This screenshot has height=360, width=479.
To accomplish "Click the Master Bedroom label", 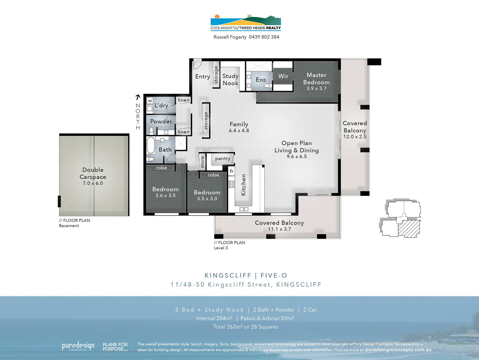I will (316, 79).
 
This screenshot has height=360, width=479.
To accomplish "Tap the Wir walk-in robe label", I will (283, 76).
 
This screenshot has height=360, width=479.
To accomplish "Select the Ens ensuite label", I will (261, 80).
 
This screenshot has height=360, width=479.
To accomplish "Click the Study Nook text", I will (230, 79).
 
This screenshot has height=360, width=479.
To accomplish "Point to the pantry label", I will (222, 158).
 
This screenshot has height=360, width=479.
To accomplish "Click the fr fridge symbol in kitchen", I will (231, 171).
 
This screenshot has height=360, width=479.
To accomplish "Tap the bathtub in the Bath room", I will (151, 145).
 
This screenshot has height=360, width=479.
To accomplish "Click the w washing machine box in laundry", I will (150, 101).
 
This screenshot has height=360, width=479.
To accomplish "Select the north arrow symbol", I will (138, 97).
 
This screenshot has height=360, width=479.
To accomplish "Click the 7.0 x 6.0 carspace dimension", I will (93, 183).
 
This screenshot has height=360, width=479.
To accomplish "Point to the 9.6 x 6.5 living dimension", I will (296, 157).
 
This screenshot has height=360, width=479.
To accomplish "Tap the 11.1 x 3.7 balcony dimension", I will (279, 229).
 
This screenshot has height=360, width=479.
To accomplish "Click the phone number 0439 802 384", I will (264, 37).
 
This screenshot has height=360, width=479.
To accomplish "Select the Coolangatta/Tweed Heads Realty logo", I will (246, 23).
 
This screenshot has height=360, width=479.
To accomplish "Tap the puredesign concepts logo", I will (78, 346).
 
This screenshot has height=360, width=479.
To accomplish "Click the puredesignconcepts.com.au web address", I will (398, 350).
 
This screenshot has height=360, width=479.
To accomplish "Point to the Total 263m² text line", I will (246, 327).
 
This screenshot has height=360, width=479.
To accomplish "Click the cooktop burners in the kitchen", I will (231, 184).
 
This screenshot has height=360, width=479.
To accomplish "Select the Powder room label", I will (161, 122).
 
